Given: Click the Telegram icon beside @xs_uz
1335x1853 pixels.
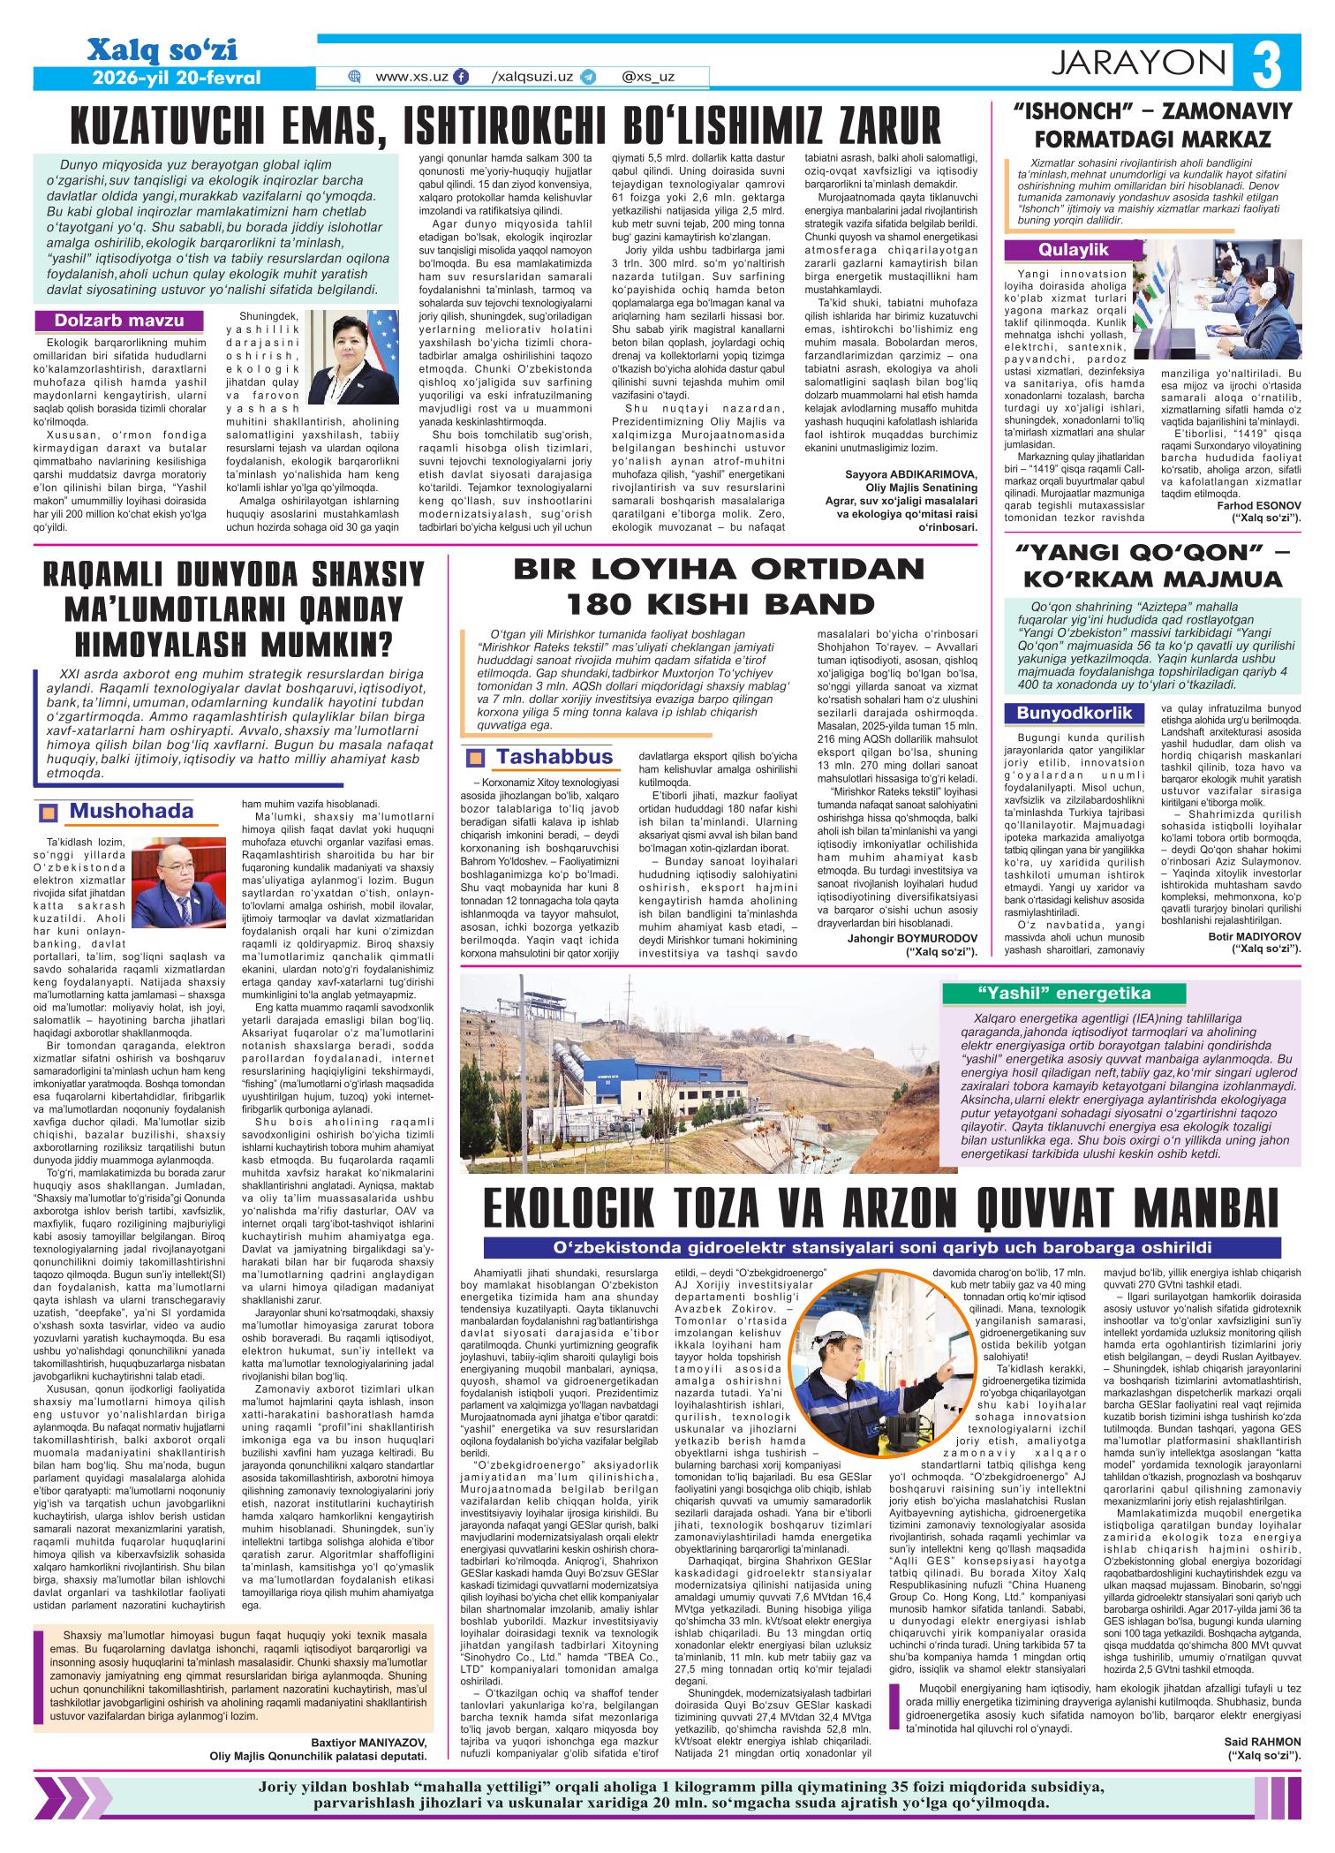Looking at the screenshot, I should (588, 77).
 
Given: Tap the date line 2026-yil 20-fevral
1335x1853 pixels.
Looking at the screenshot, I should (177, 77).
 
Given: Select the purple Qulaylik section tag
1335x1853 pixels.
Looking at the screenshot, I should (1074, 251).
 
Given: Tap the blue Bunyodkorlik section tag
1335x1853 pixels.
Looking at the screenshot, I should (1072, 712).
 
